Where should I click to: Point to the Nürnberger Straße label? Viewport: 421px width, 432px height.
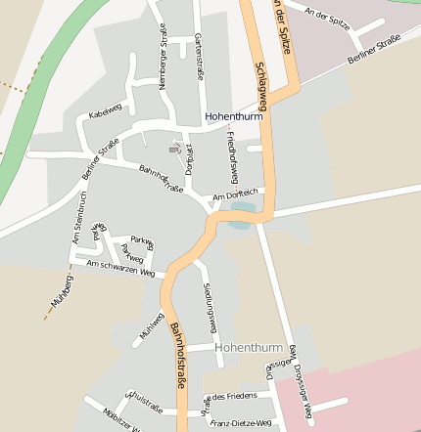163,58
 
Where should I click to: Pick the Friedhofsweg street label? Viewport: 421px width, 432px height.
233,156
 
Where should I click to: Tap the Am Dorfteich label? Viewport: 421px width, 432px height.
232,195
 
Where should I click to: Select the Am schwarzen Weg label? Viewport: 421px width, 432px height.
120,268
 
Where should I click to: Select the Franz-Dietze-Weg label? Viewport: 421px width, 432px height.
241,422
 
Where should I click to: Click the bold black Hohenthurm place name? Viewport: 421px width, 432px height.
235,116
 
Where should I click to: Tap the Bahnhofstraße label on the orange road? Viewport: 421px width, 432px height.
178,357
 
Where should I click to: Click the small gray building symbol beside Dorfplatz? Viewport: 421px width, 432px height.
175,149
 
